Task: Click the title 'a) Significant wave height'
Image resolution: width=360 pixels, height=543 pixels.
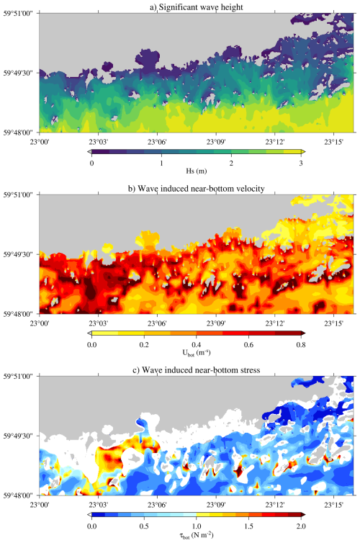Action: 197,7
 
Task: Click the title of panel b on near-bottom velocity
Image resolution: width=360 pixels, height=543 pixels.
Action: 197,189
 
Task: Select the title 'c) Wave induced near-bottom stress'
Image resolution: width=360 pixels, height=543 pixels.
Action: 197,370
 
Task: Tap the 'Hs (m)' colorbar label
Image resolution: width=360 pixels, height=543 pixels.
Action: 197,171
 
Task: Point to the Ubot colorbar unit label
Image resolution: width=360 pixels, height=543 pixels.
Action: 197,353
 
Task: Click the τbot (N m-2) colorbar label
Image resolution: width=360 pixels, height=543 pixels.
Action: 197,534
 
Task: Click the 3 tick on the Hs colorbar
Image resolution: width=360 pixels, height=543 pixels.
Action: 301,163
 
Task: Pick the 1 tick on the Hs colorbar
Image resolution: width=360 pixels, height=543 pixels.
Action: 161,163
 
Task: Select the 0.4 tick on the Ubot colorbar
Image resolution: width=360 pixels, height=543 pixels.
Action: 197,344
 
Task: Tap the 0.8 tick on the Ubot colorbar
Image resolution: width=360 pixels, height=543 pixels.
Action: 301,344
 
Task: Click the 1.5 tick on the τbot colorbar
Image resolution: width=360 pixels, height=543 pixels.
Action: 248,526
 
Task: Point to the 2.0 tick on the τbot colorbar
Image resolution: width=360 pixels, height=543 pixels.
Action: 301,526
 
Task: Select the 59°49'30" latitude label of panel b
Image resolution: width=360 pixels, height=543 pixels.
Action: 18,254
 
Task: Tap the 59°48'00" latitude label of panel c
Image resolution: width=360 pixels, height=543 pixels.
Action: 18,495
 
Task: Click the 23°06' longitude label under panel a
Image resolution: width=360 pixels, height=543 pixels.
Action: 157,142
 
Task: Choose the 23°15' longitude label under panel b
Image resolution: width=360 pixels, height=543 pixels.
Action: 333,323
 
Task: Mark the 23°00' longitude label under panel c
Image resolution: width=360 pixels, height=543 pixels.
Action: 40,505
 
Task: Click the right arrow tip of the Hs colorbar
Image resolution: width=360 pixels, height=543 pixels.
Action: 305,152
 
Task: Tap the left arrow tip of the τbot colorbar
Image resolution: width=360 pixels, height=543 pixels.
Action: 88,515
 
